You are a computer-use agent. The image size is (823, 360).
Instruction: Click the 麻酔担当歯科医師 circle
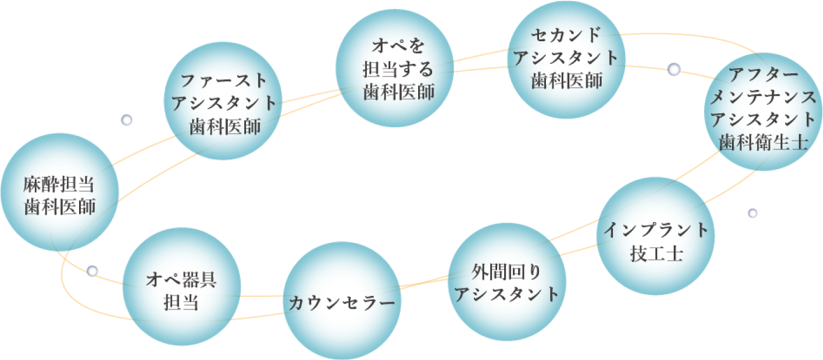click(59, 194)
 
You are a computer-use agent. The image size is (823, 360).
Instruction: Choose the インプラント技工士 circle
click(655, 237)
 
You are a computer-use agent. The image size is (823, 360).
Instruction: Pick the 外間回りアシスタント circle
click(508, 282)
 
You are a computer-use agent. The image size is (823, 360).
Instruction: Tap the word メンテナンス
click(762, 97)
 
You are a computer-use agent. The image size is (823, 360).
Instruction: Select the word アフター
click(762, 75)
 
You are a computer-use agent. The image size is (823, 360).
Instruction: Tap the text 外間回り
click(507, 271)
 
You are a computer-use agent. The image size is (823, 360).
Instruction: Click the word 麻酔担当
click(59, 183)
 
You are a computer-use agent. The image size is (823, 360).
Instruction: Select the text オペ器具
click(182, 278)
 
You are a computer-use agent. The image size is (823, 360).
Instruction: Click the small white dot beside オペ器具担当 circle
click(92, 271)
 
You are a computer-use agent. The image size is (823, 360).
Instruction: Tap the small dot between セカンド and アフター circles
click(674, 68)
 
